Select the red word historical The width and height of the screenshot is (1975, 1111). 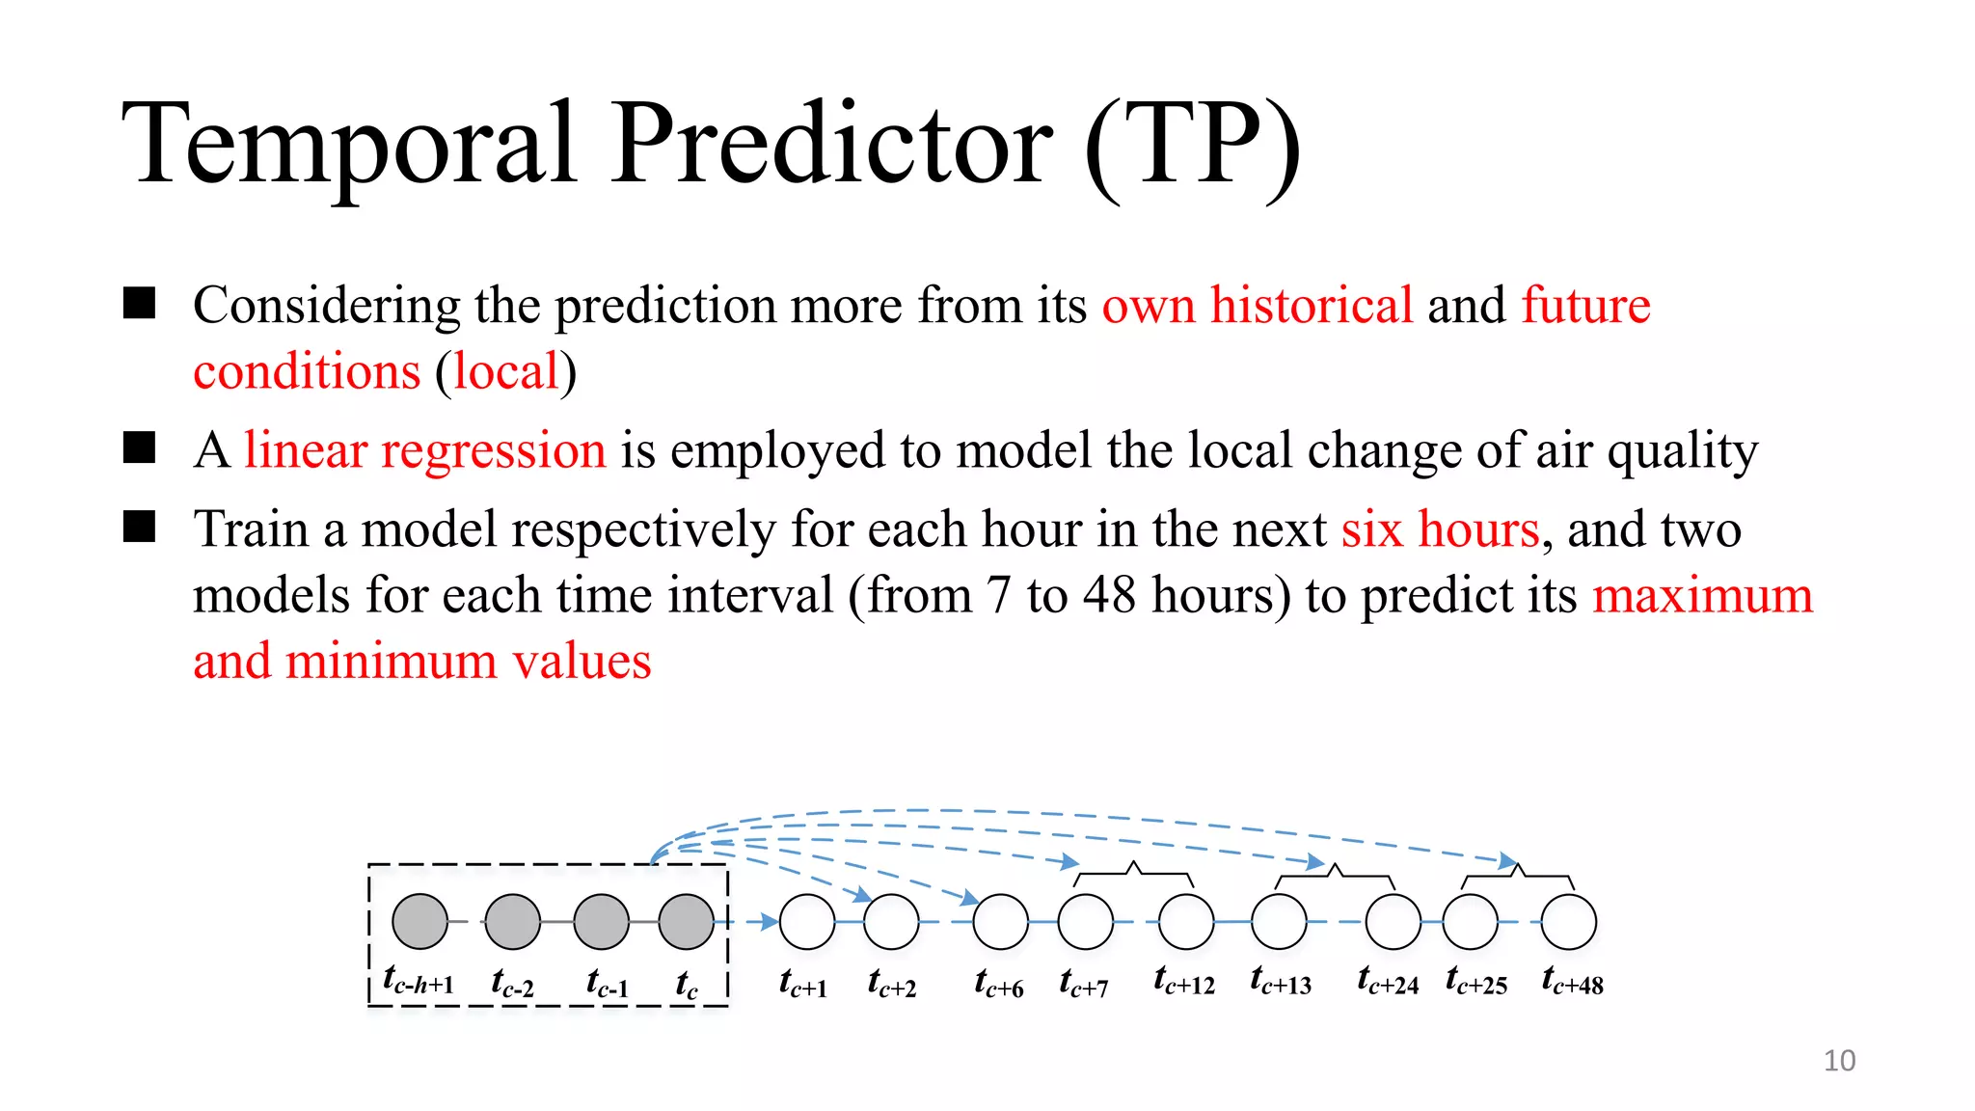pyautogui.click(x=1312, y=306)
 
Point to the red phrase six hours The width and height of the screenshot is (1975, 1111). pyautogui.click(x=1440, y=529)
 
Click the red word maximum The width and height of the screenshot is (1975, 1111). pyautogui.click(x=1702, y=595)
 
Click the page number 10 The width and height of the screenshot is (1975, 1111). pyautogui.click(x=1839, y=1060)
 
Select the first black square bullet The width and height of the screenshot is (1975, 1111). pyautogui.click(x=140, y=304)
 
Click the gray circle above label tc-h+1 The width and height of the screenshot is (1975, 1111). pyautogui.click(x=420, y=921)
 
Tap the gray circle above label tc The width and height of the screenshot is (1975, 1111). pyautogui.click(x=686, y=921)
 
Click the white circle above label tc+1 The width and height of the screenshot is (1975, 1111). pyautogui.click(x=806, y=921)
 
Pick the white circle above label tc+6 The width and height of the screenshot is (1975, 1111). pyautogui.click(x=1000, y=921)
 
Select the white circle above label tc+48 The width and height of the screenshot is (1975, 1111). pyautogui.click(x=1569, y=921)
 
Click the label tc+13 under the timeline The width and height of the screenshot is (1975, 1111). pyautogui.click(x=1281, y=982)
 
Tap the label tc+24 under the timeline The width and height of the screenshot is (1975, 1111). pyautogui.click(x=1388, y=982)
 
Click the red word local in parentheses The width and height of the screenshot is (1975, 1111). pyautogui.click(x=506, y=372)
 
